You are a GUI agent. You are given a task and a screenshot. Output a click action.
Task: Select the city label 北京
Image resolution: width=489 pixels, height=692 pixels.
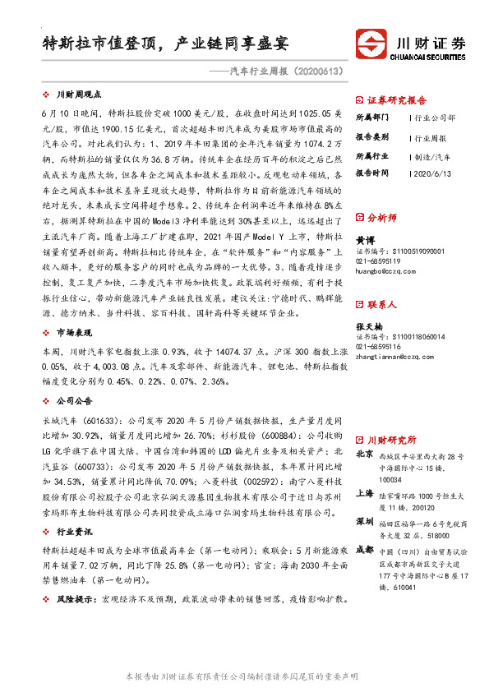coord(365,454)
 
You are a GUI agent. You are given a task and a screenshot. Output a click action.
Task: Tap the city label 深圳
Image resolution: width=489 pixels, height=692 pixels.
coord(365,522)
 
